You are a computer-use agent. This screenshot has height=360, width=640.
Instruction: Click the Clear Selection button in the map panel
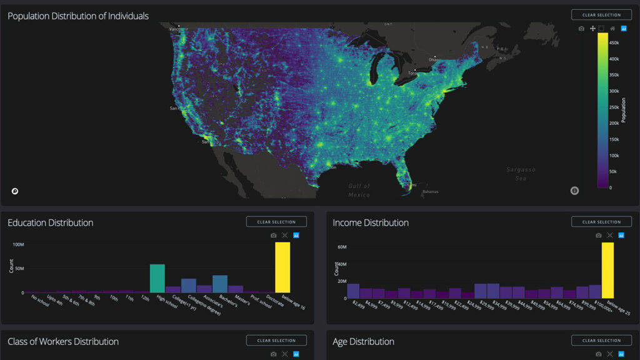pyautogui.click(x=601, y=15)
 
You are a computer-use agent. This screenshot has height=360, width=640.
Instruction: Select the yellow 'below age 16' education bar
pyautogui.click(x=282, y=267)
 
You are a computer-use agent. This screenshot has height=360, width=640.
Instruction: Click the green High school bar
pyautogui.click(x=157, y=278)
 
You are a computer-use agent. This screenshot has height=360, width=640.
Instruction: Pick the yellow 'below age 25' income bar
pyautogui.click(x=607, y=270)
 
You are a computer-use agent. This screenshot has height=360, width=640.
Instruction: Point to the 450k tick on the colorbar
pyautogui.click(x=614, y=43)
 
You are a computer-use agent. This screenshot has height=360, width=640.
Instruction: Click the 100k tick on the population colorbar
pyautogui.click(x=614, y=156)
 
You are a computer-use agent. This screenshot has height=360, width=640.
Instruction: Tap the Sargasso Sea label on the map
pyautogui.click(x=521, y=174)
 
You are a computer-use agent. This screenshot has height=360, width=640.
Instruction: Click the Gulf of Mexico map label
pyautogui.click(x=359, y=190)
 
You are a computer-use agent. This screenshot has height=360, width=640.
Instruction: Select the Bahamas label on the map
pyautogui.click(x=430, y=191)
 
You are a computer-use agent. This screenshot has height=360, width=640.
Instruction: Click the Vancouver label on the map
pyautogui.click(x=178, y=28)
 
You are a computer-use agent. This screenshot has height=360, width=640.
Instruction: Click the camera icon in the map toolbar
pyautogui.click(x=581, y=29)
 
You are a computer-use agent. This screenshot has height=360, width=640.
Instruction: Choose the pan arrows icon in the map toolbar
pyautogui.click(x=592, y=29)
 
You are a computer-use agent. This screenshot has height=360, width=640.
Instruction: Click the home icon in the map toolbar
pyautogui.click(x=612, y=29)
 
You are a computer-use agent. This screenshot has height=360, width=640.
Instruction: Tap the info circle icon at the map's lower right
pyautogui.click(x=574, y=190)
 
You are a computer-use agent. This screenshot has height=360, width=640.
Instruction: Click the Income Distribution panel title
pyautogui.click(x=371, y=222)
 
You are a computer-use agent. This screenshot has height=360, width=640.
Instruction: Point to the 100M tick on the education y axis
pyautogui.click(x=19, y=244)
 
